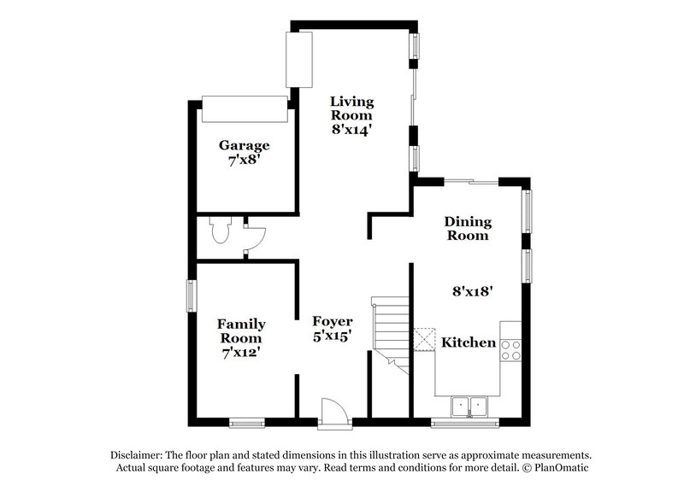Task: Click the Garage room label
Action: [x=243, y=145]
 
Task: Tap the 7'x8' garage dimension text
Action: [x=243, y=161]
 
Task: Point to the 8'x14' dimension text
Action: [x=352, y=131]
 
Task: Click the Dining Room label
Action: [x=467, y=228]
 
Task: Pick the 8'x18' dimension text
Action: [x=472, y=290]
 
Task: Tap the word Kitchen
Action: [x=469, y=342]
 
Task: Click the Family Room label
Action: [x=241, y=331]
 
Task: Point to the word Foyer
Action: [x=333, y=321]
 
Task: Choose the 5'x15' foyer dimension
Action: [x=333, y=336]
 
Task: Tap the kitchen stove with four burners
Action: [x=510, y=349]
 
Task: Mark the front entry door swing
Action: [x=334, y=411]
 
